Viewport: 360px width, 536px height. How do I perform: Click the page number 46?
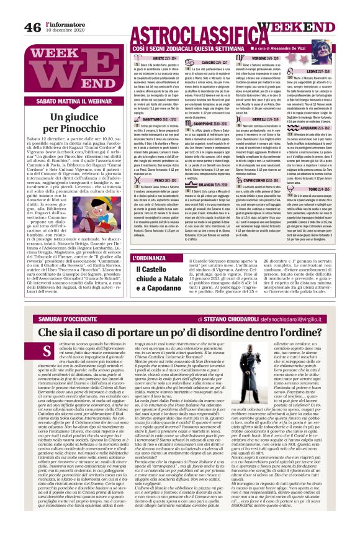[x=32, y=27]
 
